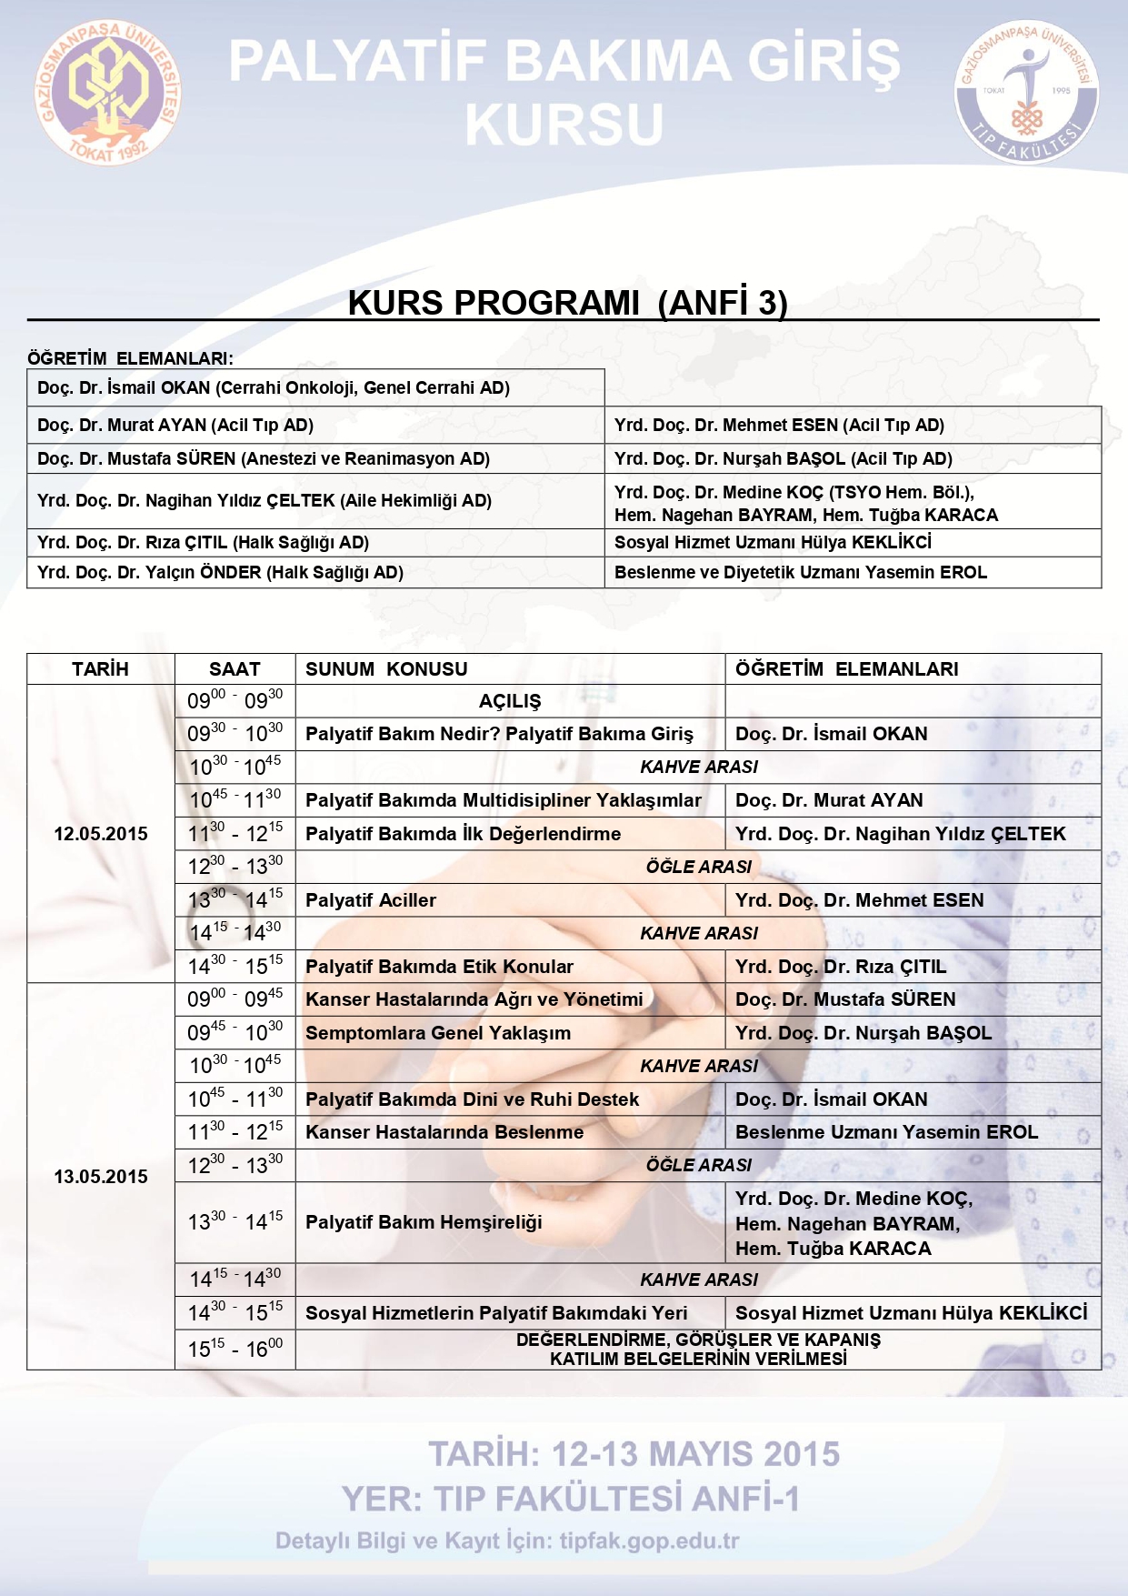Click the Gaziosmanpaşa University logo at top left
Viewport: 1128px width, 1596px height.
pos(108,93)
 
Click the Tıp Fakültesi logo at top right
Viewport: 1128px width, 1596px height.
pos(1026,93)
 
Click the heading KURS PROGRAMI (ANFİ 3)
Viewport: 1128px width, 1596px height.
pos(567,303)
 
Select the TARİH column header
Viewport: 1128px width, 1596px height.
pos(100,669)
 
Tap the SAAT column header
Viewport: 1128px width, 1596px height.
pos(235,669)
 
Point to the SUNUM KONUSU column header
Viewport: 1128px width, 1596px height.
pos(386,669)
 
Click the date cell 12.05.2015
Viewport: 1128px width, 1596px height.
pos(100,834)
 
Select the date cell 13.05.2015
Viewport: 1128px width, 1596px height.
pos(100,1177)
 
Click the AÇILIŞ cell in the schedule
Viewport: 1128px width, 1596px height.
pos(510,701)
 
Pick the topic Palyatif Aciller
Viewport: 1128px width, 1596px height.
pos(371,900)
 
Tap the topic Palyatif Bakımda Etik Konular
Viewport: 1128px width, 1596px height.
pos(439,967)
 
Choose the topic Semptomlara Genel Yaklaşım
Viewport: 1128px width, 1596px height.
pos(438,1033)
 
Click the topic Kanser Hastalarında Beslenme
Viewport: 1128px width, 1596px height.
pos(444,1132)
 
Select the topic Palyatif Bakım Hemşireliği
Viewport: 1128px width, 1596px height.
pos(424,1222)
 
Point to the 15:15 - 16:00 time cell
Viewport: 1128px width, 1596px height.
pos(235,1349)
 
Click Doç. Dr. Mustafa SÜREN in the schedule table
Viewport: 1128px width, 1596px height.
pos(845,999)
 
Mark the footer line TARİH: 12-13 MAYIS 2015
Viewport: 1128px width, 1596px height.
pos(634,1454)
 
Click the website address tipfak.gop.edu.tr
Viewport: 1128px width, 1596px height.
pos(649,1541)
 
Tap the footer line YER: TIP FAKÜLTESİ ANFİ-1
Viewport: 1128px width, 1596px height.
pos(571,1499)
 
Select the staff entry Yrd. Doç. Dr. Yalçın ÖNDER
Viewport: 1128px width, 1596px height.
pos(220,572)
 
